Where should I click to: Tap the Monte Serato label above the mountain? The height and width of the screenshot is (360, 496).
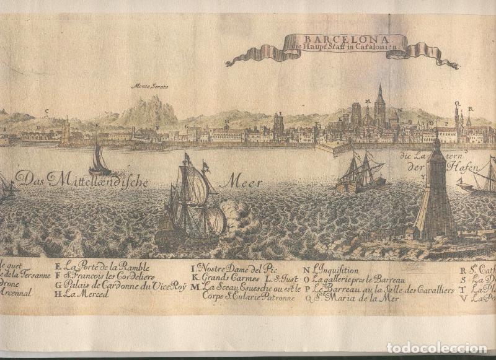pos(150,87)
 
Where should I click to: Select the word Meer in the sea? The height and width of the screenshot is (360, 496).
pos(244,182)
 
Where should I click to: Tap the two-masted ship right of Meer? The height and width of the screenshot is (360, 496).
pos(360,173)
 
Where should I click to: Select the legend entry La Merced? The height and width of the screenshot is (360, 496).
pos(86,294)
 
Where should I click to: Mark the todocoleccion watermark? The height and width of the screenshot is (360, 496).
pos(436,348)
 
